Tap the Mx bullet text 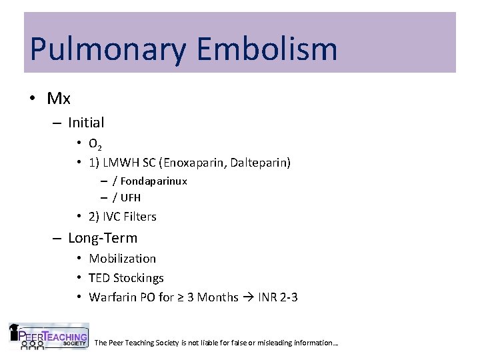coord(59,99)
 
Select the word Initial coord(86,123)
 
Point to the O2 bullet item coord(95,144)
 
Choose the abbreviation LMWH coord(120,162)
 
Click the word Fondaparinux coord(154,181)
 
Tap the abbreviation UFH coord(131,197)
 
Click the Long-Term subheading coord(103,238)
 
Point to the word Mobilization coord(123,259)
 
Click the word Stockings coord(139,278)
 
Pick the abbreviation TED coord(99,278)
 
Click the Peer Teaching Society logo coord(48,337)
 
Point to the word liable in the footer coord(239,343)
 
